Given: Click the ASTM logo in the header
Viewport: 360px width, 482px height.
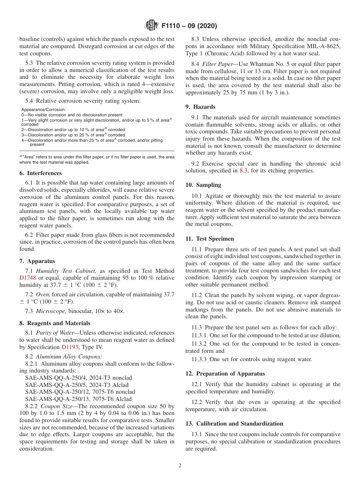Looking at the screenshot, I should click(152, 26).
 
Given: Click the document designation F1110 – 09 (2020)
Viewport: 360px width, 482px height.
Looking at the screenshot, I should click(189, 26).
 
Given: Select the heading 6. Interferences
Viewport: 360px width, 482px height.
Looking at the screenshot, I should click(41, 173).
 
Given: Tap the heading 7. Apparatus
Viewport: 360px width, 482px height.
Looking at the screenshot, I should click(37, 261).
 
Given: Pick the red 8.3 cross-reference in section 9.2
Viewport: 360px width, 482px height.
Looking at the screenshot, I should click(244, 171).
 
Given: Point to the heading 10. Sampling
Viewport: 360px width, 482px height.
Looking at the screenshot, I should click(203, 185).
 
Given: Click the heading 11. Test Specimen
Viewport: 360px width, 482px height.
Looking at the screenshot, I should click(210, 239).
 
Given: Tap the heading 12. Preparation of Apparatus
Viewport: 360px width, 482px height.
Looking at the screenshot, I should click(225, 374).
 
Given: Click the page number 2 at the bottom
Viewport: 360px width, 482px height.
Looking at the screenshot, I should click(180, 466).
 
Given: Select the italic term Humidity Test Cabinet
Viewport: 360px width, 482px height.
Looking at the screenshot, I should click(66, 271).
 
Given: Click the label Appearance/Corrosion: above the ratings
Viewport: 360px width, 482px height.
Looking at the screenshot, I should click(43, 110).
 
